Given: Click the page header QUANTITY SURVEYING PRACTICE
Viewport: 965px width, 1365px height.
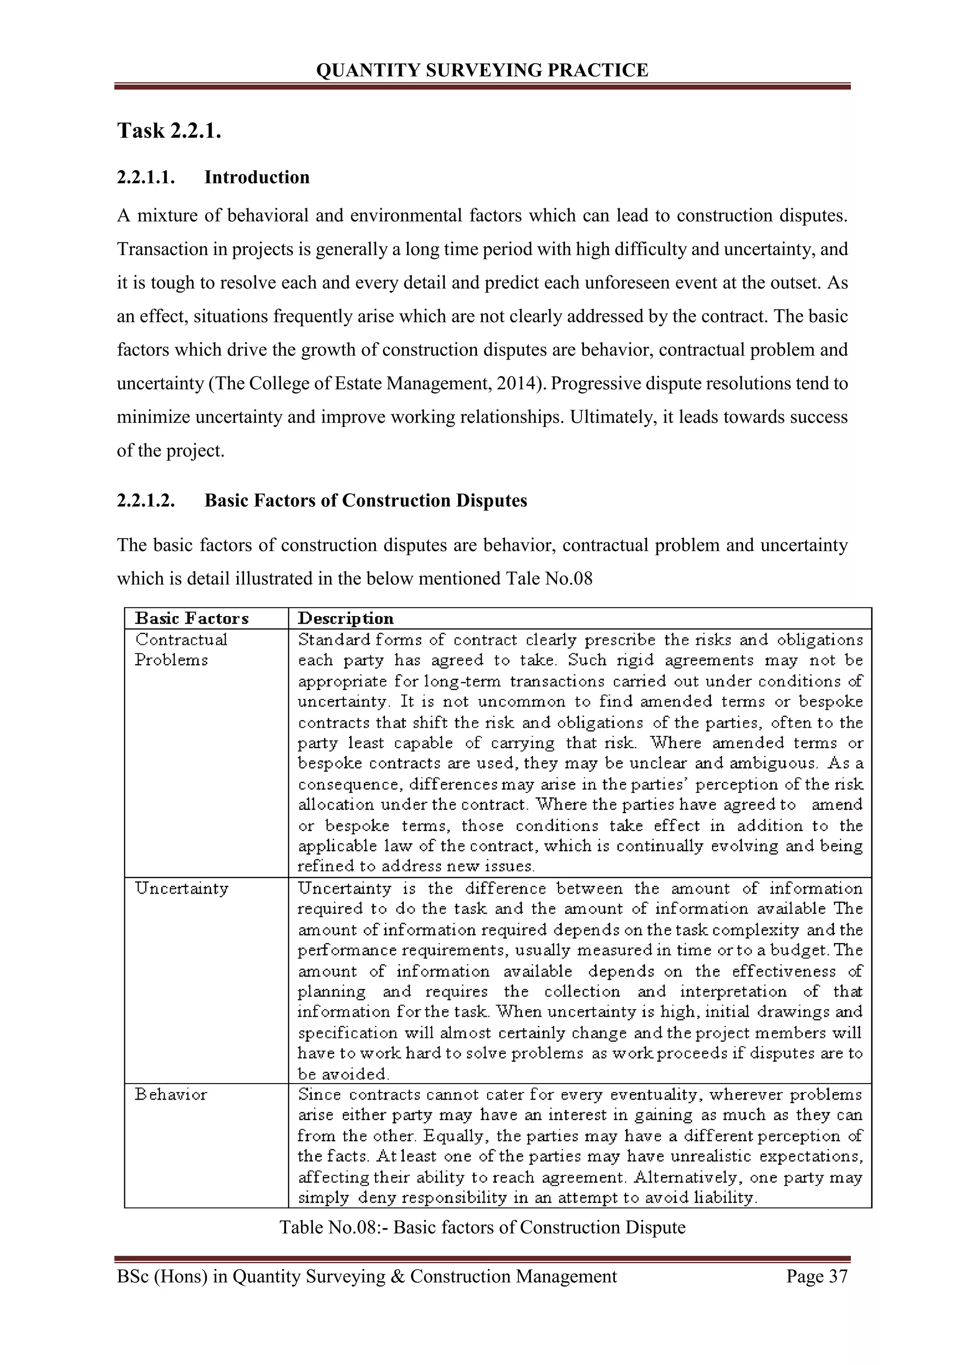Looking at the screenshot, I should [x=482, y=70].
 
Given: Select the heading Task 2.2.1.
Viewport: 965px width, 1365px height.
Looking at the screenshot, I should [x=169, y=130].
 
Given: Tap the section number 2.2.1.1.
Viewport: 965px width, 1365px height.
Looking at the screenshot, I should [x=146, y=177].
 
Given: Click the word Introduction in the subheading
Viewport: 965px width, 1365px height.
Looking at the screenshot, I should [x=257, y=177].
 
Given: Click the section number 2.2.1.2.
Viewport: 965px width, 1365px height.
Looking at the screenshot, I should [x=146, y=500].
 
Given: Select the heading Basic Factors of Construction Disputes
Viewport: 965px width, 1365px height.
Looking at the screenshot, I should [x=366, y=500].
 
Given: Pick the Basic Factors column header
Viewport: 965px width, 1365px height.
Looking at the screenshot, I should [x=191, y=618].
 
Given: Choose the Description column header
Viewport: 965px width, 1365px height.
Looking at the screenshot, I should [x=345, y=618].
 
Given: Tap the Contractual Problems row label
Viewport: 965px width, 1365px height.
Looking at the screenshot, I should [x=180, y=650].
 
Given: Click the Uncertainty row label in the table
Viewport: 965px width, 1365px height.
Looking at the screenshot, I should [x=181, y=889].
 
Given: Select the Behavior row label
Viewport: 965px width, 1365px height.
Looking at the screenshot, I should [x=171, y=1094].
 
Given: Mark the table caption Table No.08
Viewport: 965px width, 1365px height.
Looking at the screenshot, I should [x=482, y=1227].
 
